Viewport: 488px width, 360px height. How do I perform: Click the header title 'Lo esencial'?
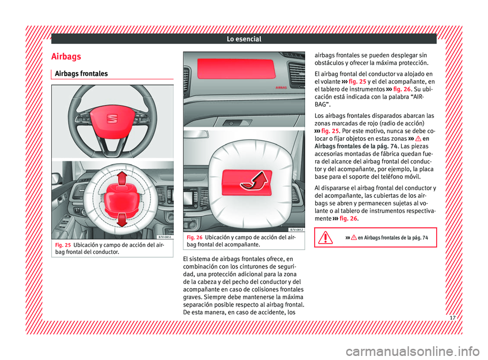click(244, 39)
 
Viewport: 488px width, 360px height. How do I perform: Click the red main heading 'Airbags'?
click(66, 56)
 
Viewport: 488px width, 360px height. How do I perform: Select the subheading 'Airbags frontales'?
click(81, 74)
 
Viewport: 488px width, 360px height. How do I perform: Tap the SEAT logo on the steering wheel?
click(112, 118)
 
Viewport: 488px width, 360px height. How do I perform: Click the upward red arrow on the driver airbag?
click(122, 178)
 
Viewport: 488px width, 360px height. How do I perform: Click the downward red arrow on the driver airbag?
click(122, 220)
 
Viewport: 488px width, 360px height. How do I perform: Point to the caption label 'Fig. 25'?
click(63, 245)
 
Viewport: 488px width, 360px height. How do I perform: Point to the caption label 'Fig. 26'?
click(195, 237)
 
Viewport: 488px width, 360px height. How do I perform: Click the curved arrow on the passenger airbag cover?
click(254, 181)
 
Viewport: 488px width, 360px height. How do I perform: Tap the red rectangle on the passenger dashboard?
click(236, 69)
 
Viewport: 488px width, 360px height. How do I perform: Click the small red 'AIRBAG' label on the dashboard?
click(281, 88)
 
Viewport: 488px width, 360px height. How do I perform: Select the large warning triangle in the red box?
click(325, 237)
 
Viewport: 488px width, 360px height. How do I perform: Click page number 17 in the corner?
click(452, 318)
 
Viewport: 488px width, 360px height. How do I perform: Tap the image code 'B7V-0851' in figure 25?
click(164, 237)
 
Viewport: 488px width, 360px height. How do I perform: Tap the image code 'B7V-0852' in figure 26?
click(296, 229)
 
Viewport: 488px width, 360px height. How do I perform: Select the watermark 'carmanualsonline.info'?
click(413, 351)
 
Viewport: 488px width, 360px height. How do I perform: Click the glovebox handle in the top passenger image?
click(234, 123)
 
